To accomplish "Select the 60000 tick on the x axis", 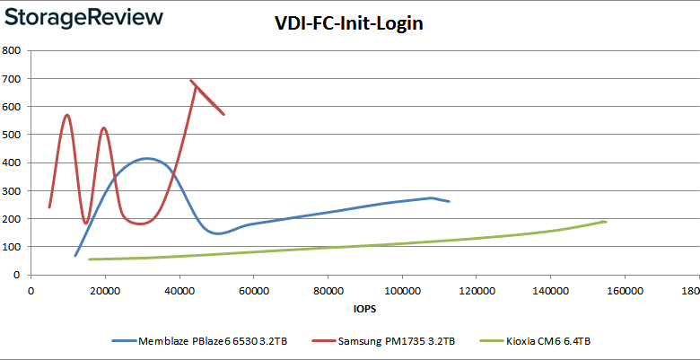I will (254, 291).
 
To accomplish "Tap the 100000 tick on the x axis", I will (402, 291).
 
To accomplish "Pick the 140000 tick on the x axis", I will (550, 291).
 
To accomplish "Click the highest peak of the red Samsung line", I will (192, 81).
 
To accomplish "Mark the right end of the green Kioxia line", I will (606, 222).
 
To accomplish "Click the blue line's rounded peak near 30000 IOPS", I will (145, 158).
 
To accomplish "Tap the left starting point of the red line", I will (49, 207).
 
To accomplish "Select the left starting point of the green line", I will (89, 259).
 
